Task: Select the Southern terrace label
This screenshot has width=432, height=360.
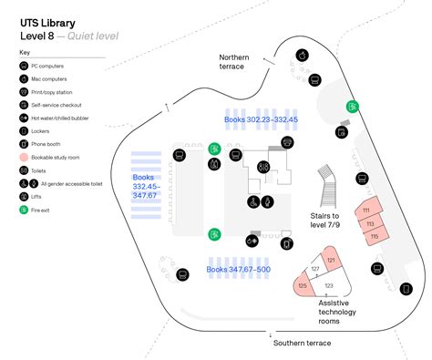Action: [x=302, y=343]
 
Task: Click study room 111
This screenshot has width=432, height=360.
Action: [x=366, y=211]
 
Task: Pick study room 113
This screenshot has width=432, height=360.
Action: [x=370, y=223]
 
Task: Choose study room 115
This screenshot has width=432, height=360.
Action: [x=374, y=236]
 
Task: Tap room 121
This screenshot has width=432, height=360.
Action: [x=331, y=262]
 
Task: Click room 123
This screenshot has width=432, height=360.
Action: [x=329, y=285]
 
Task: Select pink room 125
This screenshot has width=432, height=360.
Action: [x=303, y=286]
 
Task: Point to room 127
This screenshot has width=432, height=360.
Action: [x=315, y=270]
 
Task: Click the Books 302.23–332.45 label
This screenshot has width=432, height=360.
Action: [x=262, y=119]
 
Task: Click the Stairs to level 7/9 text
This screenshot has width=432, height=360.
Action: [x=324, y=221]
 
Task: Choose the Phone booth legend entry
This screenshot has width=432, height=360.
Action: [x=54, y=144]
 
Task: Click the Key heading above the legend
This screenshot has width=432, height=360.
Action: [x=25, y=53]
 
